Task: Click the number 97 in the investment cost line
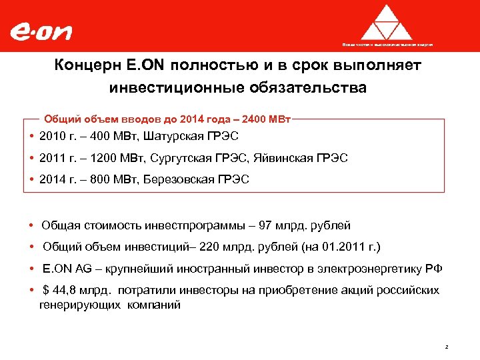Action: click(268, 226)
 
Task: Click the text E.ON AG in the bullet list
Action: click(64, 269)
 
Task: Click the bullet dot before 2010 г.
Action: click(32, 136)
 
